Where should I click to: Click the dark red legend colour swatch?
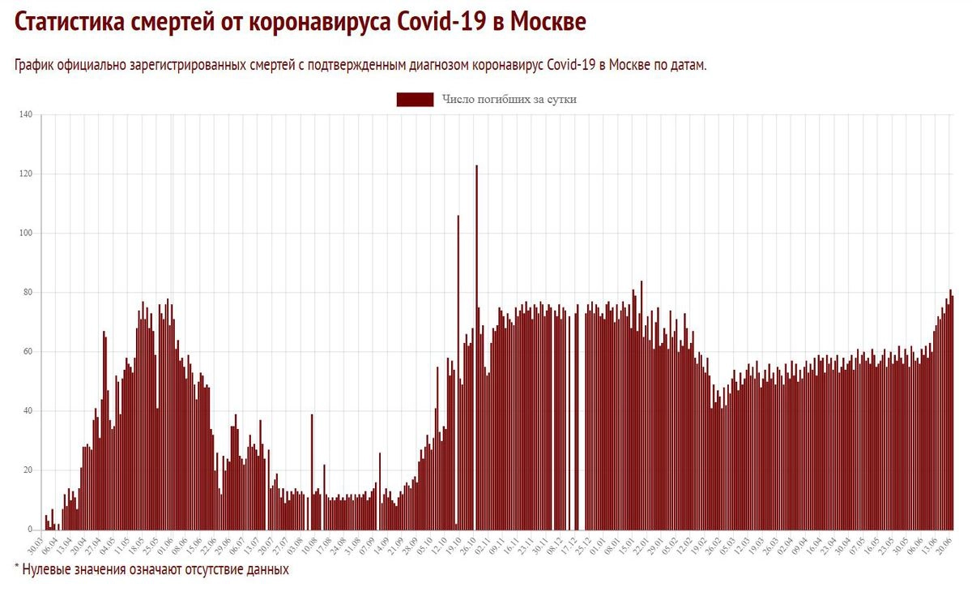pos(415,100)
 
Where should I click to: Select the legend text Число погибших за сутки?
pos(509,100)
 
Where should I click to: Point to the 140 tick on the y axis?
pos(25,115)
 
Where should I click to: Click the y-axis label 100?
pos(25,234)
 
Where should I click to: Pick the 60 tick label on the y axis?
pos(27,352)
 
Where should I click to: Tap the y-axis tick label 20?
pos(27,470)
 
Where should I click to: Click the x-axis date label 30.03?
pos(35,542)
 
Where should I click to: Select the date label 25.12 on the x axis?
pos(581,542)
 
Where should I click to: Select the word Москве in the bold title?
pos(546,22)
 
